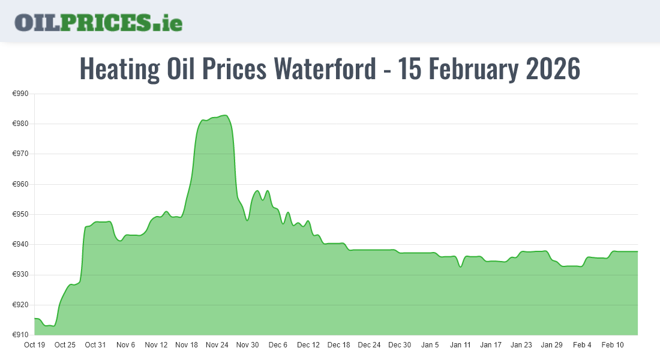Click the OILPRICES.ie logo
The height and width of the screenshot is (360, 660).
click(x=98, y=22)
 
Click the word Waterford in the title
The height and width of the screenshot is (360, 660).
click(x=324, y=70)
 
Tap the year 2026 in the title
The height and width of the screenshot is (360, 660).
click(x=553, y=70)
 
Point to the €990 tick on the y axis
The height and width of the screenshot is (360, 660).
click(x=20, y=94)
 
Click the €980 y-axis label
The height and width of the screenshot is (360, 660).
click(x=20, y=124)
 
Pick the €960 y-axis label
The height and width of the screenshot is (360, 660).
click(x=20, y=184)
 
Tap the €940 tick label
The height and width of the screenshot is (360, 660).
click(x=20, y=245)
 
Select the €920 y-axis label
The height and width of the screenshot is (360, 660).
click(x=20, y=305)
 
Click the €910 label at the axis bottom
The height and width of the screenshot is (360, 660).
click(x=20, y=335)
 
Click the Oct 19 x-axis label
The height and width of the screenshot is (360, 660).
click(x=34, y=345)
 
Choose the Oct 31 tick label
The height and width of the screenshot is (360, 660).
click(x=95, y=345)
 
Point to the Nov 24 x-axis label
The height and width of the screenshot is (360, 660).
click(x=217, y=345)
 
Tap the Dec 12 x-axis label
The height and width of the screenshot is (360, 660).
click(x=308, y=345)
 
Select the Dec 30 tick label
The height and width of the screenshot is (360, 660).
click(x=400, y=345)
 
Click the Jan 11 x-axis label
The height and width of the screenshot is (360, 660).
click(x=460, y=345)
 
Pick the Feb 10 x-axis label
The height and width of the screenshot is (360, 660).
click(x=613, y=345)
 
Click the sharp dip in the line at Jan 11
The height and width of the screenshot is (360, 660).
click(x=460, y=267)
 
